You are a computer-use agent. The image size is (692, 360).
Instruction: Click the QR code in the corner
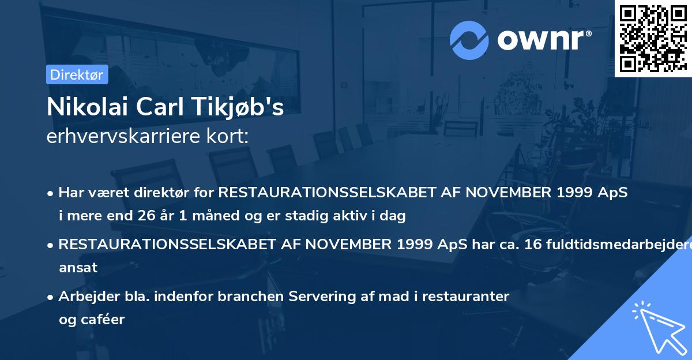coord(653,39)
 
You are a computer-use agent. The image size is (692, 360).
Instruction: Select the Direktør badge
coord(77,74)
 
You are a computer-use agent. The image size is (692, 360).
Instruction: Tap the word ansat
coord(78,268)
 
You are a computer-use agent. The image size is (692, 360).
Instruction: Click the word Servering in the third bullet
coord(319,297)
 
